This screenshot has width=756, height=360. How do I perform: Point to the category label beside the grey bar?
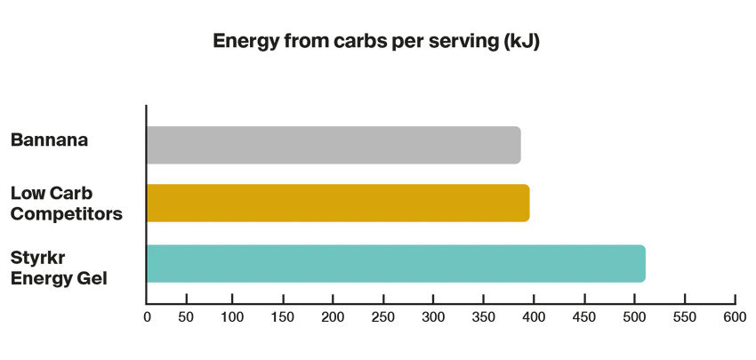pos(50,140)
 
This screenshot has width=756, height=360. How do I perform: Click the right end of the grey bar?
pos(524,145)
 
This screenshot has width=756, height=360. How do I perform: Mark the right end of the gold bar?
pos(530,203)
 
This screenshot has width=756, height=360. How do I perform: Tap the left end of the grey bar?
pos(150,145)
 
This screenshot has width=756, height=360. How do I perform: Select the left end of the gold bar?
pos(150,203)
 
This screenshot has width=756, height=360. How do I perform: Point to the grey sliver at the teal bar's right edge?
pos(652,264)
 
